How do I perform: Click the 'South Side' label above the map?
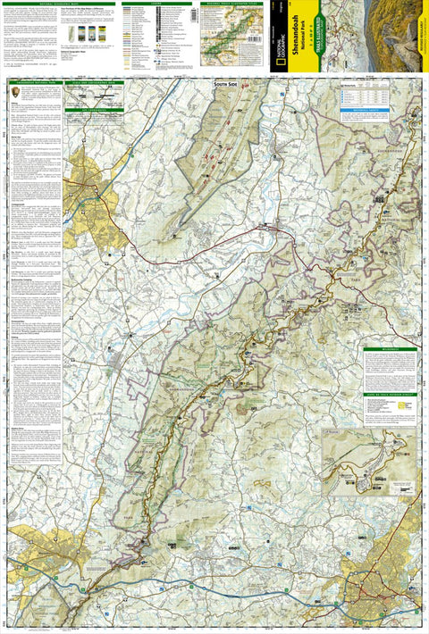226,83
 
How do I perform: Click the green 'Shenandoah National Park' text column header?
30,83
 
